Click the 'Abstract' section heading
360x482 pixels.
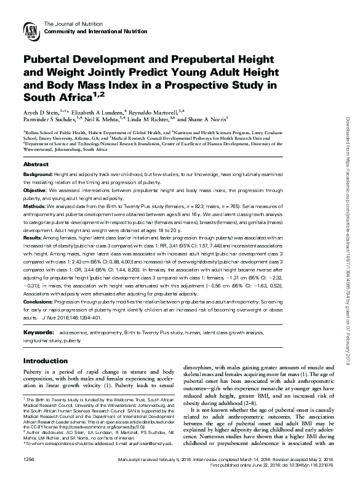pyautogui.click(x=36, y=165)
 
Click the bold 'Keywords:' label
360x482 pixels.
pyautogui.click(x=40, y=332)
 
